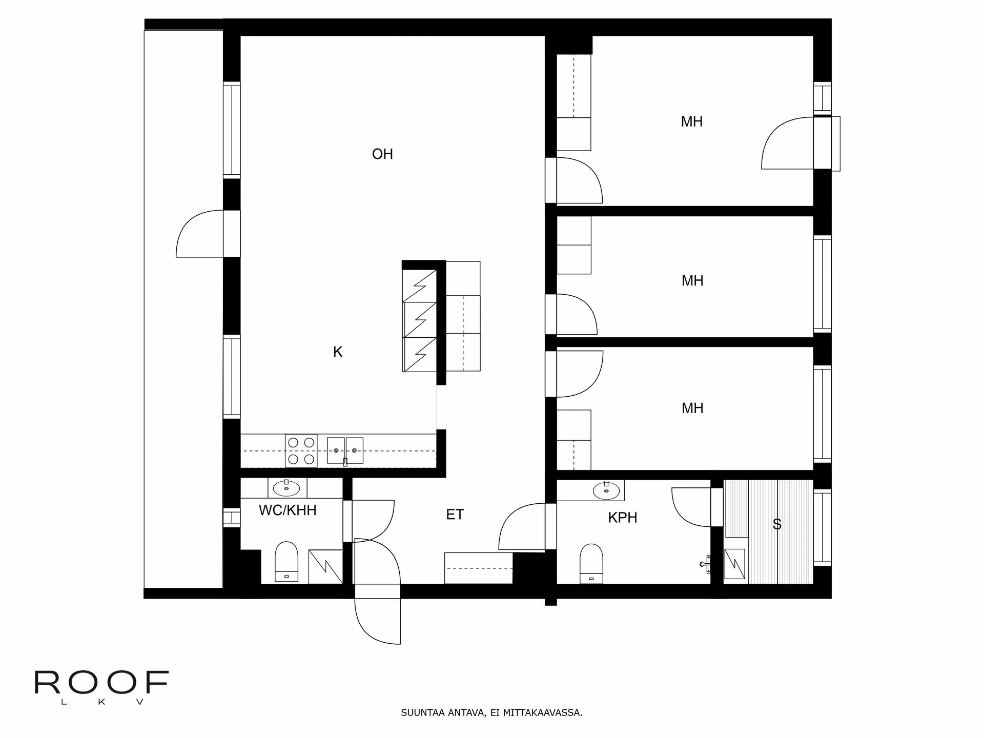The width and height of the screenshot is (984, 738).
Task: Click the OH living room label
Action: click(382, 154)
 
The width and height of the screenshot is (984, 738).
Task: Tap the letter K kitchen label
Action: click(337, 352)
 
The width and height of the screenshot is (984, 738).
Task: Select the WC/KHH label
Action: click(288, 510)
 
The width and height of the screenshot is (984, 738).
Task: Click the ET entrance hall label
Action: click(455, 515)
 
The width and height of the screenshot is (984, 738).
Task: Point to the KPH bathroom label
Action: click(623, 518)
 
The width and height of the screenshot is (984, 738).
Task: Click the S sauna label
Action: click(777, 524)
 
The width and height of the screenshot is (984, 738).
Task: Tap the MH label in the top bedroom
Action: click(691, 122)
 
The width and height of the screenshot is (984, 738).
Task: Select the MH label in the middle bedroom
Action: click(692, 281)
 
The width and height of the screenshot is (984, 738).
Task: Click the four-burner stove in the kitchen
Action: click(301, 451)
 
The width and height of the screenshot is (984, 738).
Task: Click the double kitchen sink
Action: click(345, 450)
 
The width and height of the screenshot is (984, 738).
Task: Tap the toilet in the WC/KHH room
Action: click(286, 561)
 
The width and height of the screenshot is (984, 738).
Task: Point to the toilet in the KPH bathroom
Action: click(591, 563)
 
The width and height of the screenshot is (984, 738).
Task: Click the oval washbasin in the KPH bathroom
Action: click(606, 490)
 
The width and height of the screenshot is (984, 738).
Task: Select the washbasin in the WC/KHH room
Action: click(286, 488)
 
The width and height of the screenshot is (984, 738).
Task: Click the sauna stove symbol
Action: click(734, 564)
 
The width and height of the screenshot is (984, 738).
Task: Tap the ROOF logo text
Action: click(101, 683)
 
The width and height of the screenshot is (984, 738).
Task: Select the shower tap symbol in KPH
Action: click(705, 564)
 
